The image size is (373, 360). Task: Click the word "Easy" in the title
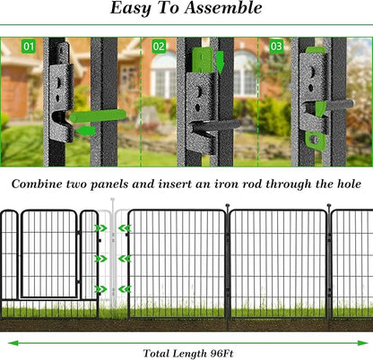(132, 9)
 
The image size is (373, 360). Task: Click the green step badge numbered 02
(159, 45)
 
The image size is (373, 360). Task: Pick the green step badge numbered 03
(275, 45)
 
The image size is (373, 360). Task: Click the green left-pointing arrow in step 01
(87, 131)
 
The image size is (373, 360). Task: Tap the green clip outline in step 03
(315, 139)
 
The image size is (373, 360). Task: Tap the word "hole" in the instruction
(345, 184)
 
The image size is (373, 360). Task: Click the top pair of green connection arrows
(113, 228)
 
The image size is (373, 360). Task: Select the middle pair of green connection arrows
(113, 258)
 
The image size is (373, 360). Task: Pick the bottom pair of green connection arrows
(113, 289)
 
